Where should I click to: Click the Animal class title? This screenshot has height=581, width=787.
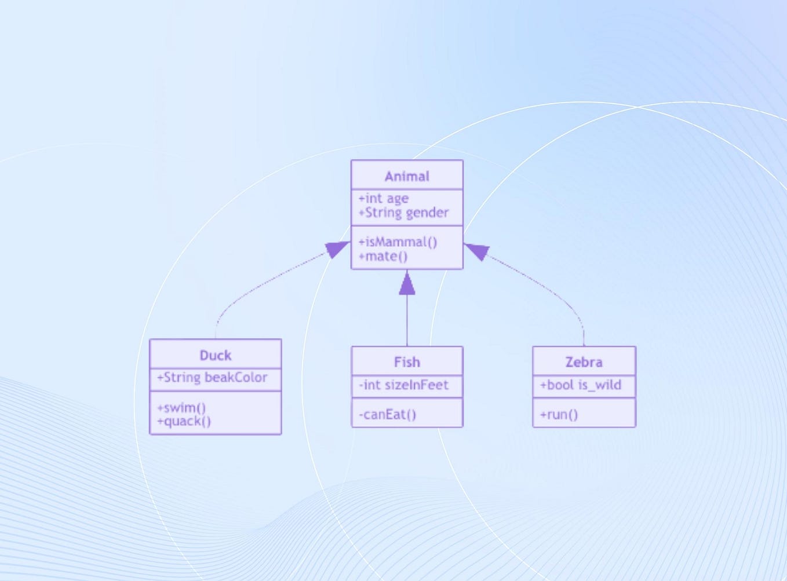(407, 176)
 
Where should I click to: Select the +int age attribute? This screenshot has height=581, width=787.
(383, 199)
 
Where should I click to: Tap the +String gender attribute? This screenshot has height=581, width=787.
(403, 213)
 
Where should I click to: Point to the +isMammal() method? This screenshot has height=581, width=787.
(398, 242)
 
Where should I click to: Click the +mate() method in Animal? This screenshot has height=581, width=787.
(383, 256)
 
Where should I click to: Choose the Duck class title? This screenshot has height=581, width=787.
(215, 355)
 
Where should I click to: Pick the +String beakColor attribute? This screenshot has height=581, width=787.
(212, 378)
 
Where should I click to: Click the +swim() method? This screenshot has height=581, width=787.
(181, 407)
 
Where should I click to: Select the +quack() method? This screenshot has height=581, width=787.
(184, 421)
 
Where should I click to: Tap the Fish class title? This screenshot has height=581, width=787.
(407, 362)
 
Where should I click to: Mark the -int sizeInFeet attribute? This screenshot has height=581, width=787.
(403, 385)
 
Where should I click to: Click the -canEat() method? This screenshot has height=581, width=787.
(387, 414)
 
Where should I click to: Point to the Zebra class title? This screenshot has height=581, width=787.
(584, 362)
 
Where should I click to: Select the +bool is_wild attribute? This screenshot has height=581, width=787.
(580, 385)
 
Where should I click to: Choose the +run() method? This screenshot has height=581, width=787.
(559, 414)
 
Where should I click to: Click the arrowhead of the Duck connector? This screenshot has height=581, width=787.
(337, 249)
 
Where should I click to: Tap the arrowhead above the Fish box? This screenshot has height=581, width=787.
(407, 284)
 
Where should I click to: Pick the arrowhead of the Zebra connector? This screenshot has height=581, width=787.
(477, 251)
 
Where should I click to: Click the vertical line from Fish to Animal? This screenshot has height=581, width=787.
(407, 321)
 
